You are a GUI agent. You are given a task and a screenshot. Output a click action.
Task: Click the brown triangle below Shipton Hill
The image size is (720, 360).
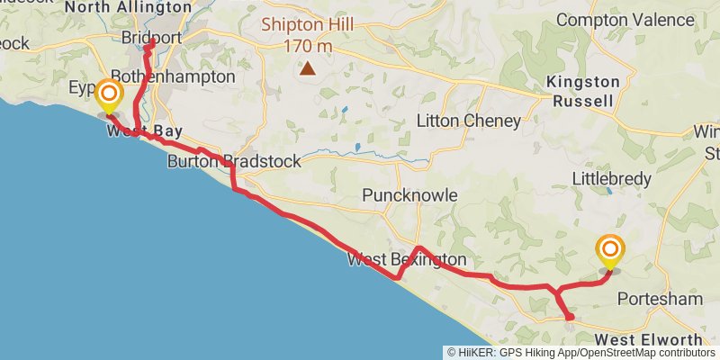(309, 67)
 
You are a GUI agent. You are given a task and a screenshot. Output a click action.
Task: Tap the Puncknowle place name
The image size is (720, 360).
(409, 195)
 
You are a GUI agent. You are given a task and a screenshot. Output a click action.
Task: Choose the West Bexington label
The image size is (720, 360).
(407, 260)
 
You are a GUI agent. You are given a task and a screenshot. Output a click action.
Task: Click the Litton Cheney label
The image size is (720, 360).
(468, 121)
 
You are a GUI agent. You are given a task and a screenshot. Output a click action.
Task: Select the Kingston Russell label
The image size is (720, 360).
(584, 91)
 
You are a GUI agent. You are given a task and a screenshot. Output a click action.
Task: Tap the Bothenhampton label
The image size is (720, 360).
(172, 76)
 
